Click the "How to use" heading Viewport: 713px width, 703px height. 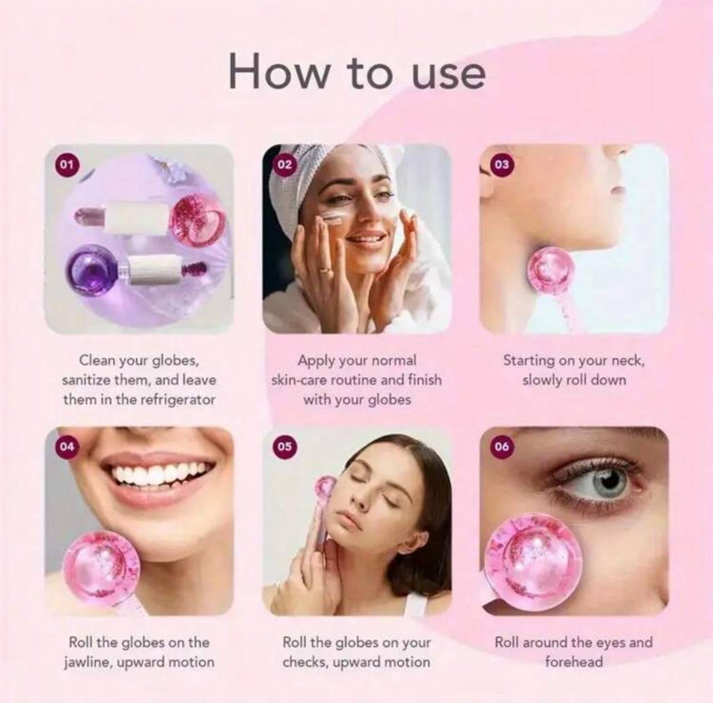click(x=356, y=72)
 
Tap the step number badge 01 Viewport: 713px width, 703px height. click(x=66, y=164)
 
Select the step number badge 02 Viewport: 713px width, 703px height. click(x=284, y=164)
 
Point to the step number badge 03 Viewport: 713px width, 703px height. click(x=501, y=164)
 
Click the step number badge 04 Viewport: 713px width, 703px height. click(x=66, y=447)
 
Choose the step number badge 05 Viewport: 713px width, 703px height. click(x=284, y=447)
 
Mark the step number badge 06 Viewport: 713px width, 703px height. click(x=501, y=447)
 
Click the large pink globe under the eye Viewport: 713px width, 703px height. click(x=535, y=560)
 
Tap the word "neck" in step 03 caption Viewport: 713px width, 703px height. click(x=628, y=360)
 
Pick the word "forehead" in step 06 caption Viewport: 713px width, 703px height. click(x=574, y=662)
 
